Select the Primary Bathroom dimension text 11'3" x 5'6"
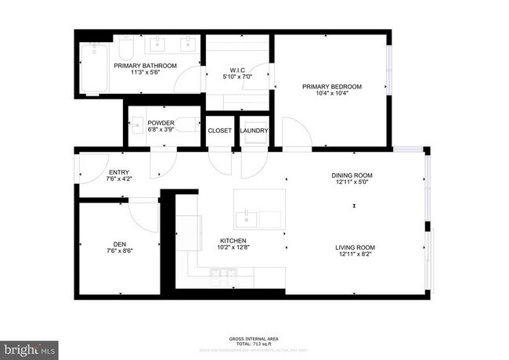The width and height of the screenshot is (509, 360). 144,73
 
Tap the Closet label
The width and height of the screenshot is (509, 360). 219,131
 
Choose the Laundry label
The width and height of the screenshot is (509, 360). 254,131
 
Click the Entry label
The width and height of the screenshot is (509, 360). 119,172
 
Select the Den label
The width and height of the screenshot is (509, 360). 119,243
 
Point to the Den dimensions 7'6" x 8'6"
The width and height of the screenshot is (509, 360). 119,251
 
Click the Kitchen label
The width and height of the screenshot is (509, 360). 233,240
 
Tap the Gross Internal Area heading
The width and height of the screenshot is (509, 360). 254,339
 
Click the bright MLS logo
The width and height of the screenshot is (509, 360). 29,347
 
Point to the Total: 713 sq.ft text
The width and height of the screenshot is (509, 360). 254,344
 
